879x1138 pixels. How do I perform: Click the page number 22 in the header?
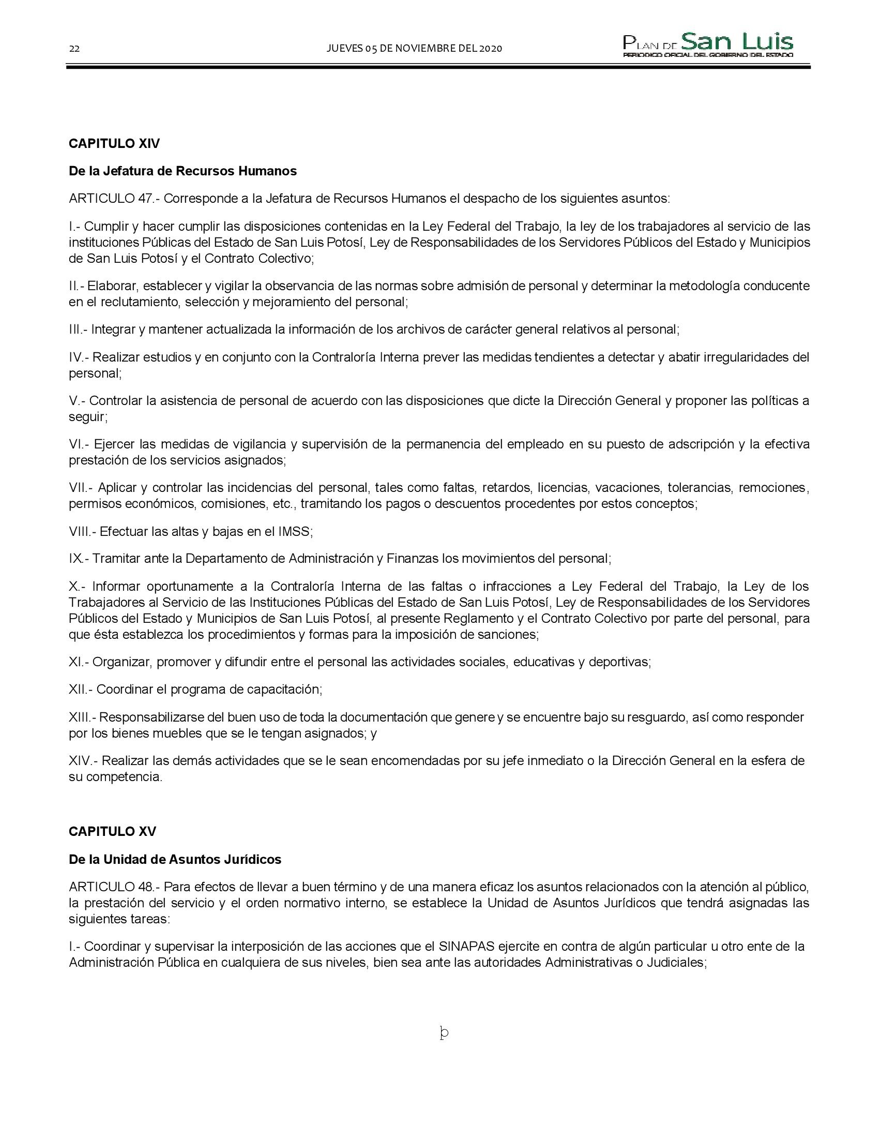pos(74,49)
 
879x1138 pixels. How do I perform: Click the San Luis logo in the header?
pos(708,45)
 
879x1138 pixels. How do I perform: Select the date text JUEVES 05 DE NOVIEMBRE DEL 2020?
pos(414,49)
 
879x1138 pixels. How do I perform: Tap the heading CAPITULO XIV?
pos(114,144)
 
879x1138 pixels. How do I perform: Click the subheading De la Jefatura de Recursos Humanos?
pos(183,171)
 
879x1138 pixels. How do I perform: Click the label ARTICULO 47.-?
pos(114,199)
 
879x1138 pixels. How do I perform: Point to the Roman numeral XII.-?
pos(81,690)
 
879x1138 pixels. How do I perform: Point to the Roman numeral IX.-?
pos(79,559)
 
